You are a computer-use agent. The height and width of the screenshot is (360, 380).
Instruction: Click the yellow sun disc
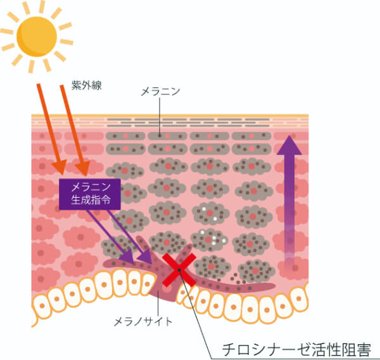point(37,37)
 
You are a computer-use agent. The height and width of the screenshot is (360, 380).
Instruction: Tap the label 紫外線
point(87,86)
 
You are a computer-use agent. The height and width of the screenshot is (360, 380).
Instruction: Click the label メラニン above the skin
point(160,91)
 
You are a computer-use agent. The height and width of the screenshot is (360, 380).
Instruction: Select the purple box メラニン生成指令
point(90,194)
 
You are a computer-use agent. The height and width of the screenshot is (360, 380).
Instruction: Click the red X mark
point(179,270)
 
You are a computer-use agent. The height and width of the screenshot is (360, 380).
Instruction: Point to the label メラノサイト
point(143,322)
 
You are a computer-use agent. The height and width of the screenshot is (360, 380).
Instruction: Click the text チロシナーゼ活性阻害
point(296,349)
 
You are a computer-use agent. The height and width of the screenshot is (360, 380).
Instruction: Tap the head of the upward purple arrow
point(289,145)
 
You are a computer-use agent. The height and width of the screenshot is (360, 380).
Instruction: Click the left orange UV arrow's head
point(60,167)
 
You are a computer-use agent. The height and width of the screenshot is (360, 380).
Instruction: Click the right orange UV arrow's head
point(83,167)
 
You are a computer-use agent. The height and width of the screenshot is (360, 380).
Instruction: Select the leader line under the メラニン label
point(160,117)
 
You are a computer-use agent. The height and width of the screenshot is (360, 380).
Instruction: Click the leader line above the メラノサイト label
point(158,303)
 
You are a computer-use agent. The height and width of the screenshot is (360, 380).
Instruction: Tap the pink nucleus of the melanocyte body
point(167,288)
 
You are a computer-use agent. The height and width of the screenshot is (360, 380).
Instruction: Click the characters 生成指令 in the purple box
point(91,200)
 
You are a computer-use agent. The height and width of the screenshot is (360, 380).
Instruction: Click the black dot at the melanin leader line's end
point(160,136)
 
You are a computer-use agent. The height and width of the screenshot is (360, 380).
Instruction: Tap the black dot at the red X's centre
point(179,270)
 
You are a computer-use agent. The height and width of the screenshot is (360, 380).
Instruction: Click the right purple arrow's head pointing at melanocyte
point(146,257)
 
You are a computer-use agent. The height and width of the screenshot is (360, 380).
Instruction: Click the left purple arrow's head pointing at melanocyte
point(127,256)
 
